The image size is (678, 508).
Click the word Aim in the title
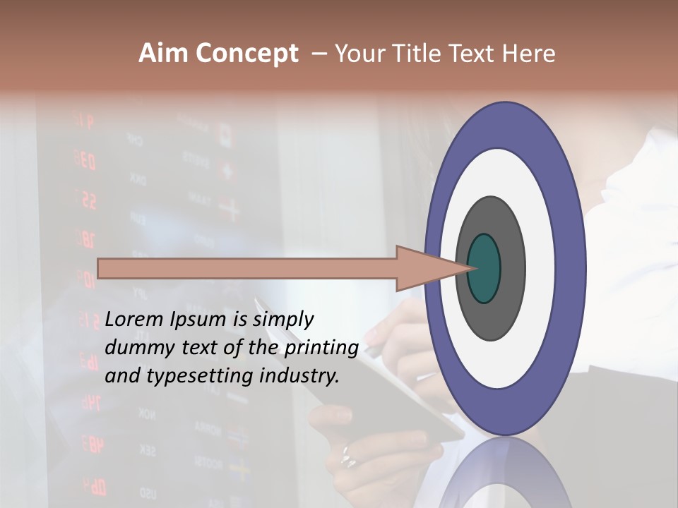coord(164,54)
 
